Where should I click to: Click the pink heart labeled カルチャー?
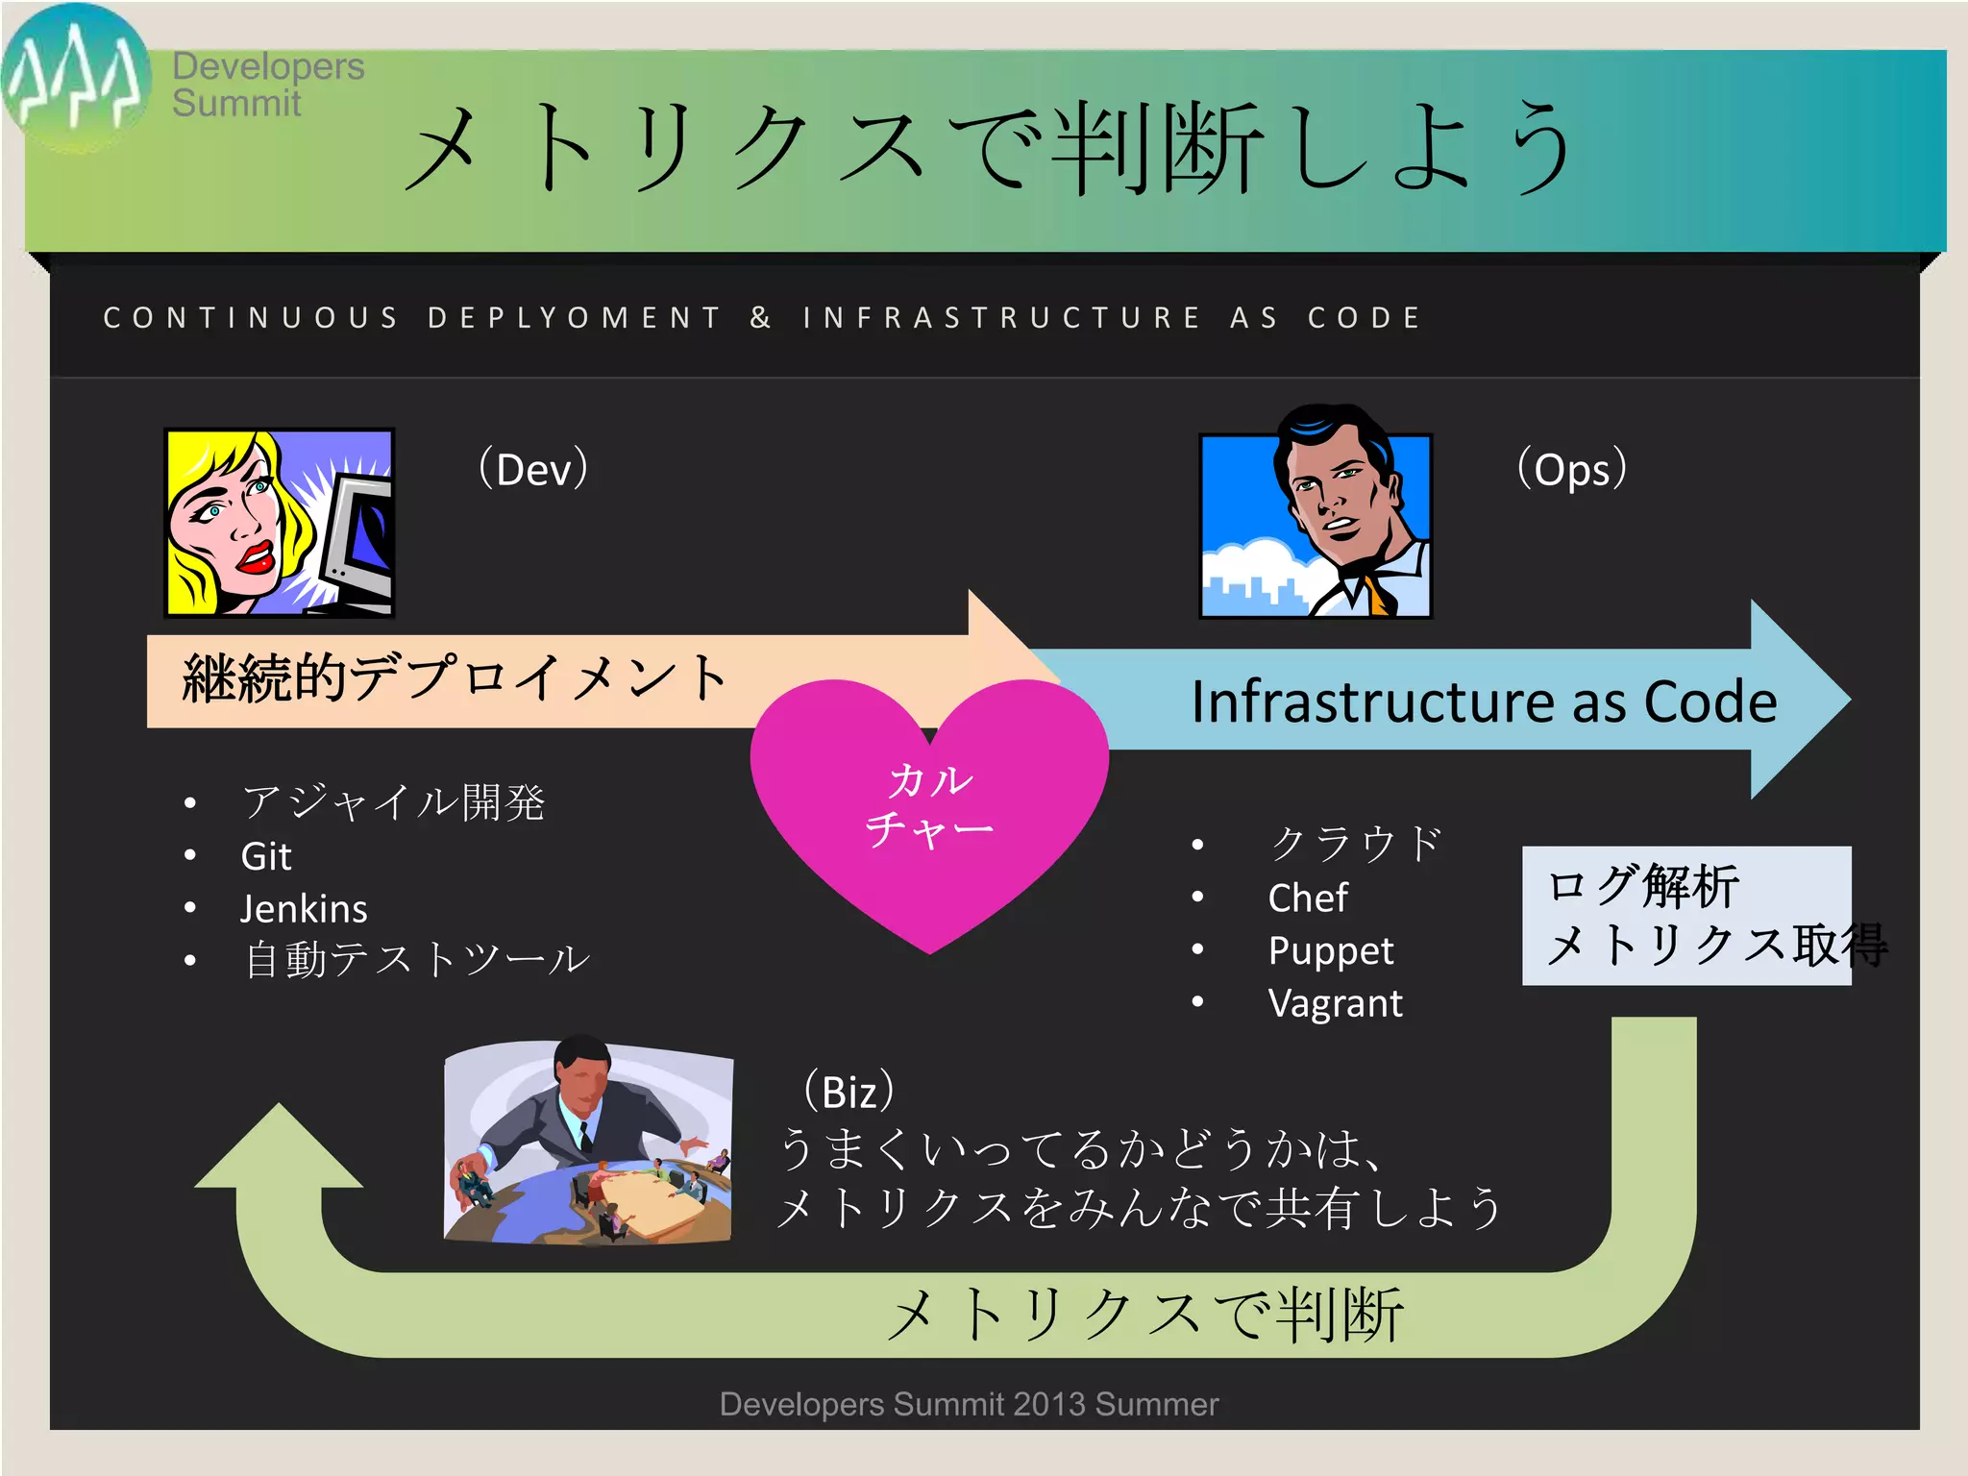pyautogui.click(x=928, y=807)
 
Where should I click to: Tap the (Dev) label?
pyautogui.click(x=533, y=469)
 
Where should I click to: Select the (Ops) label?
pyautogui.click(x=1571, y=469)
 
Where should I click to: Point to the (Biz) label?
pyautogui.click(x=849, y=1092)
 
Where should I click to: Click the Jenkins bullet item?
pyautogui.click(x=304, y=909)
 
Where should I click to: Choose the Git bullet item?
pyautogui.click(x=266, y=856)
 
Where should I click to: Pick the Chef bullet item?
pyautogui.click(x=1308, y=898)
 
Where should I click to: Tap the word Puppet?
pyautogui.click(x=1330, y=950)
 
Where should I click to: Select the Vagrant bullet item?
pyautogui.click(x=1335, y=1003)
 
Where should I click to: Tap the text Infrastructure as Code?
pyautogui.click(x=1484, y=701)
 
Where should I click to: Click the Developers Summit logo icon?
pyautogui.click(x=75, y=77)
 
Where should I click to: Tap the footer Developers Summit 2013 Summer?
pyautogui.click(x=969, y=1404)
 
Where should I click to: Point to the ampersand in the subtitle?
pyautogui.click(x=760, y=317)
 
